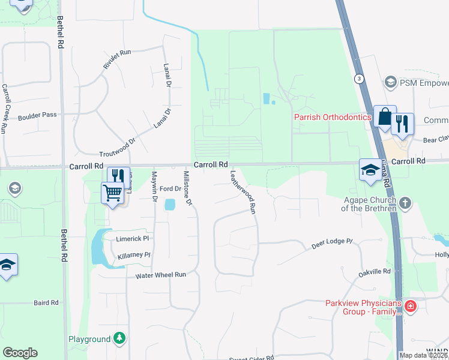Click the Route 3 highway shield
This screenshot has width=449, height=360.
click(x=358, y=79)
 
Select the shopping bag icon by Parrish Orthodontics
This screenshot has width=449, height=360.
click(x=384, y=116)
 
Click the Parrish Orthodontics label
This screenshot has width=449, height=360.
click(x=332, y=118)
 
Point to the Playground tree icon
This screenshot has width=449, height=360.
click(x=120, y=339)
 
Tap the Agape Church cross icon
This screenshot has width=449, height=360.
click(x=405, y=203)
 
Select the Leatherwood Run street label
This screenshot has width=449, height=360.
click(x=244, y=192)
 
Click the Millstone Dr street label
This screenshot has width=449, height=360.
click(x=187, y=188)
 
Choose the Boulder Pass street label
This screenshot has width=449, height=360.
click(x=37, y=115)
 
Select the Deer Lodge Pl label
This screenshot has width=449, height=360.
click(x=331, y=244)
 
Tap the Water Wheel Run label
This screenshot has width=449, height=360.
click(x=160, y=275)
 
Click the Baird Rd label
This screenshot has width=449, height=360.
click(x=46, y=303)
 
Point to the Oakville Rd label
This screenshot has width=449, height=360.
click(x=375, y=272)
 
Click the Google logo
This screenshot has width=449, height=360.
click(x=20, y=353)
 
